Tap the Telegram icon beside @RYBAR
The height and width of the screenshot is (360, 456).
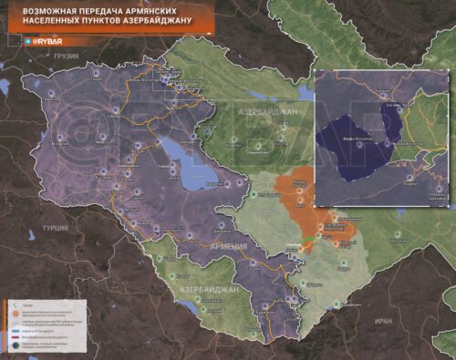pyautogui.click(x=28, y=42)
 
